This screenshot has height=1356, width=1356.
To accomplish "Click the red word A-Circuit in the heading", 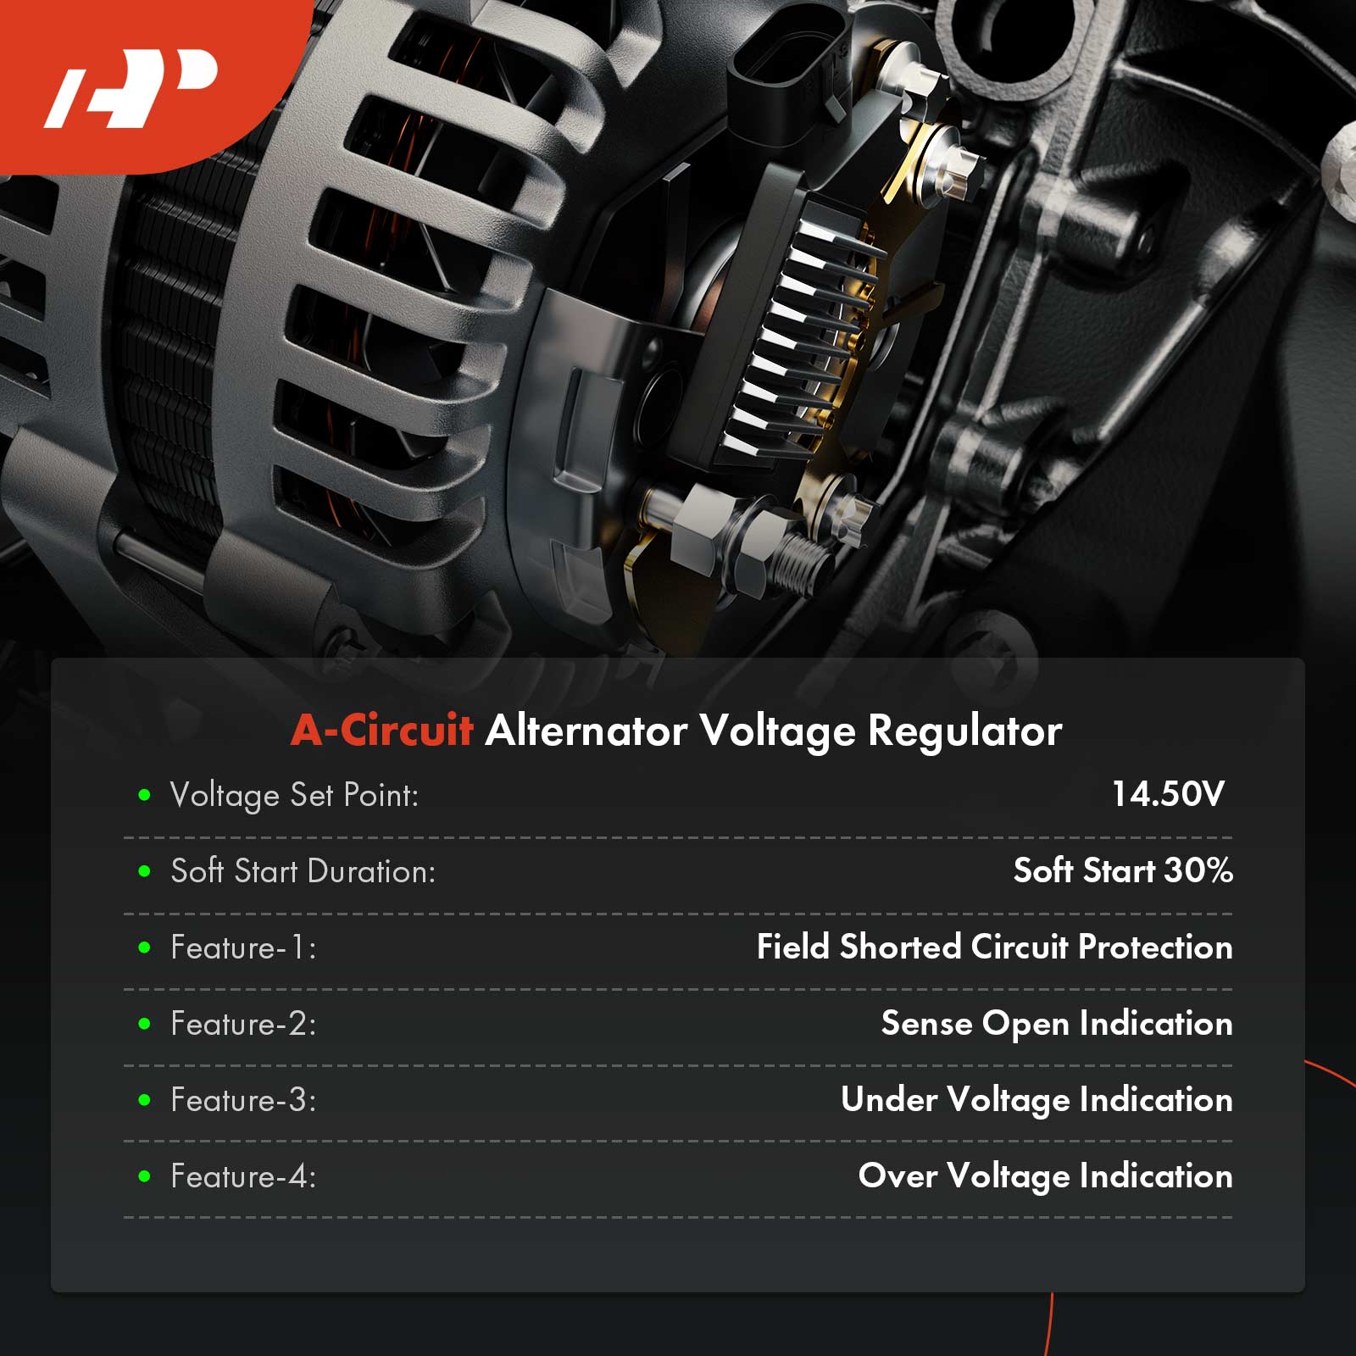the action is coord(381,731).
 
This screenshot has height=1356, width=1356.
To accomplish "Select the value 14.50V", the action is coord(1168,794).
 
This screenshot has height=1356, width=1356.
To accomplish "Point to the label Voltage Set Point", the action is coord(294,796).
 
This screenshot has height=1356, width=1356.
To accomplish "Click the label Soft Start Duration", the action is coord(303,871).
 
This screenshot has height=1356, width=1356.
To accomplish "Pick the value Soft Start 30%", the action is coord(1123,870).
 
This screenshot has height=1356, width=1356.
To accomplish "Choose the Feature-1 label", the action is coord(243,948).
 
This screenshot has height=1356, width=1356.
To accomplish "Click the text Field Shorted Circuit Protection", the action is coord(994,947).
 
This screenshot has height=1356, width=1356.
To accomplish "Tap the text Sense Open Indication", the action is coord(1057,1024).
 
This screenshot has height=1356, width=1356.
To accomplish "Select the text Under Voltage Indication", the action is coord(1036,1100).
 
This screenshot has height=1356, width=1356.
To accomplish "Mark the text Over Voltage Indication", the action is coord(1045,1176).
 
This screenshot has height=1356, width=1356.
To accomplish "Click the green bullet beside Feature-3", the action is coord(144,1100).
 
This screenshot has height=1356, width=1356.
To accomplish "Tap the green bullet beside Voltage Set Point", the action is coord(144,795).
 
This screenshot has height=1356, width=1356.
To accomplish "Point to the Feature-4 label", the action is coord(243,1176).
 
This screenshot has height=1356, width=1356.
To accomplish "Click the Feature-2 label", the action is coord(243,1024).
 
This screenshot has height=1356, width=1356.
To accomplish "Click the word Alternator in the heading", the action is coord(586,731).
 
